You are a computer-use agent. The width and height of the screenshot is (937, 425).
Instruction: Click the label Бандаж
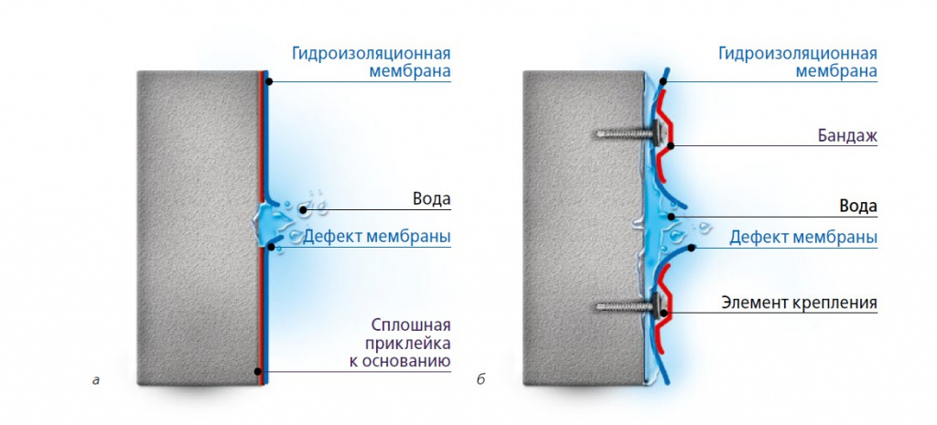[846, 136]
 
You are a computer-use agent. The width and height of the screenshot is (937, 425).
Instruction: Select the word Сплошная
[411, 326]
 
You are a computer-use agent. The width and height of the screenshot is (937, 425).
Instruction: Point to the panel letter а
[95, 379]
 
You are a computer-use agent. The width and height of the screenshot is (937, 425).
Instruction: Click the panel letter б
[481, 379]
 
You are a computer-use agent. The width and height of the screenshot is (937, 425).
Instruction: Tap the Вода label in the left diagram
[432, 198]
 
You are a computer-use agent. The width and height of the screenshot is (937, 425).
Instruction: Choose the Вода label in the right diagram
[858, 207]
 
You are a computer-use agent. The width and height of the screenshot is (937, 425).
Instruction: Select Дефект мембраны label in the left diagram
[376, 237]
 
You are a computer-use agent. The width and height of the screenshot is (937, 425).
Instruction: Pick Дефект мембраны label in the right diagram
[803, 238]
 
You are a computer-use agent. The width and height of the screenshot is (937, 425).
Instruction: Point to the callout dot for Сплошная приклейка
[257, 371]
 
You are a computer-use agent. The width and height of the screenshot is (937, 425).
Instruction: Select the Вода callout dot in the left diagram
[303, 209]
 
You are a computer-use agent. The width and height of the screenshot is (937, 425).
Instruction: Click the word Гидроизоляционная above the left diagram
[372, 54]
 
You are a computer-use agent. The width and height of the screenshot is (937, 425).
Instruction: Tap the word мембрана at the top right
[835, 71]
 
